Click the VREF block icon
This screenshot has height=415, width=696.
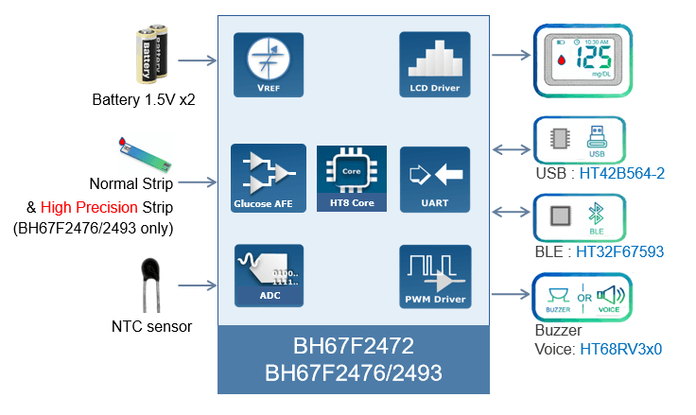pyautogui.click(x=269, y=65)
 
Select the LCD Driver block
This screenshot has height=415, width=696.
pyautogui.click(x=434, y=65)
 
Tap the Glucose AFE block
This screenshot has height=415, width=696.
pyautogui.click(x=269, y=178)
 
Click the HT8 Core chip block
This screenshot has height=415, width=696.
pyautogui.click(x=351, y=178)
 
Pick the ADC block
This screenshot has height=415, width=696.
pyautogui.click(x=269, y=275)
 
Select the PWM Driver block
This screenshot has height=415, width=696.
pyautogui.click(x=434, y=275)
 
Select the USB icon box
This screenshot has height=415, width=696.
pyautogui.click(x=579, y=140)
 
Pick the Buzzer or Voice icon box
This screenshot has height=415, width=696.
pyautogui.click(x=579, y=295)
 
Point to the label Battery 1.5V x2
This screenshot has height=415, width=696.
pyautogui.click(x=137, y=99)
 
